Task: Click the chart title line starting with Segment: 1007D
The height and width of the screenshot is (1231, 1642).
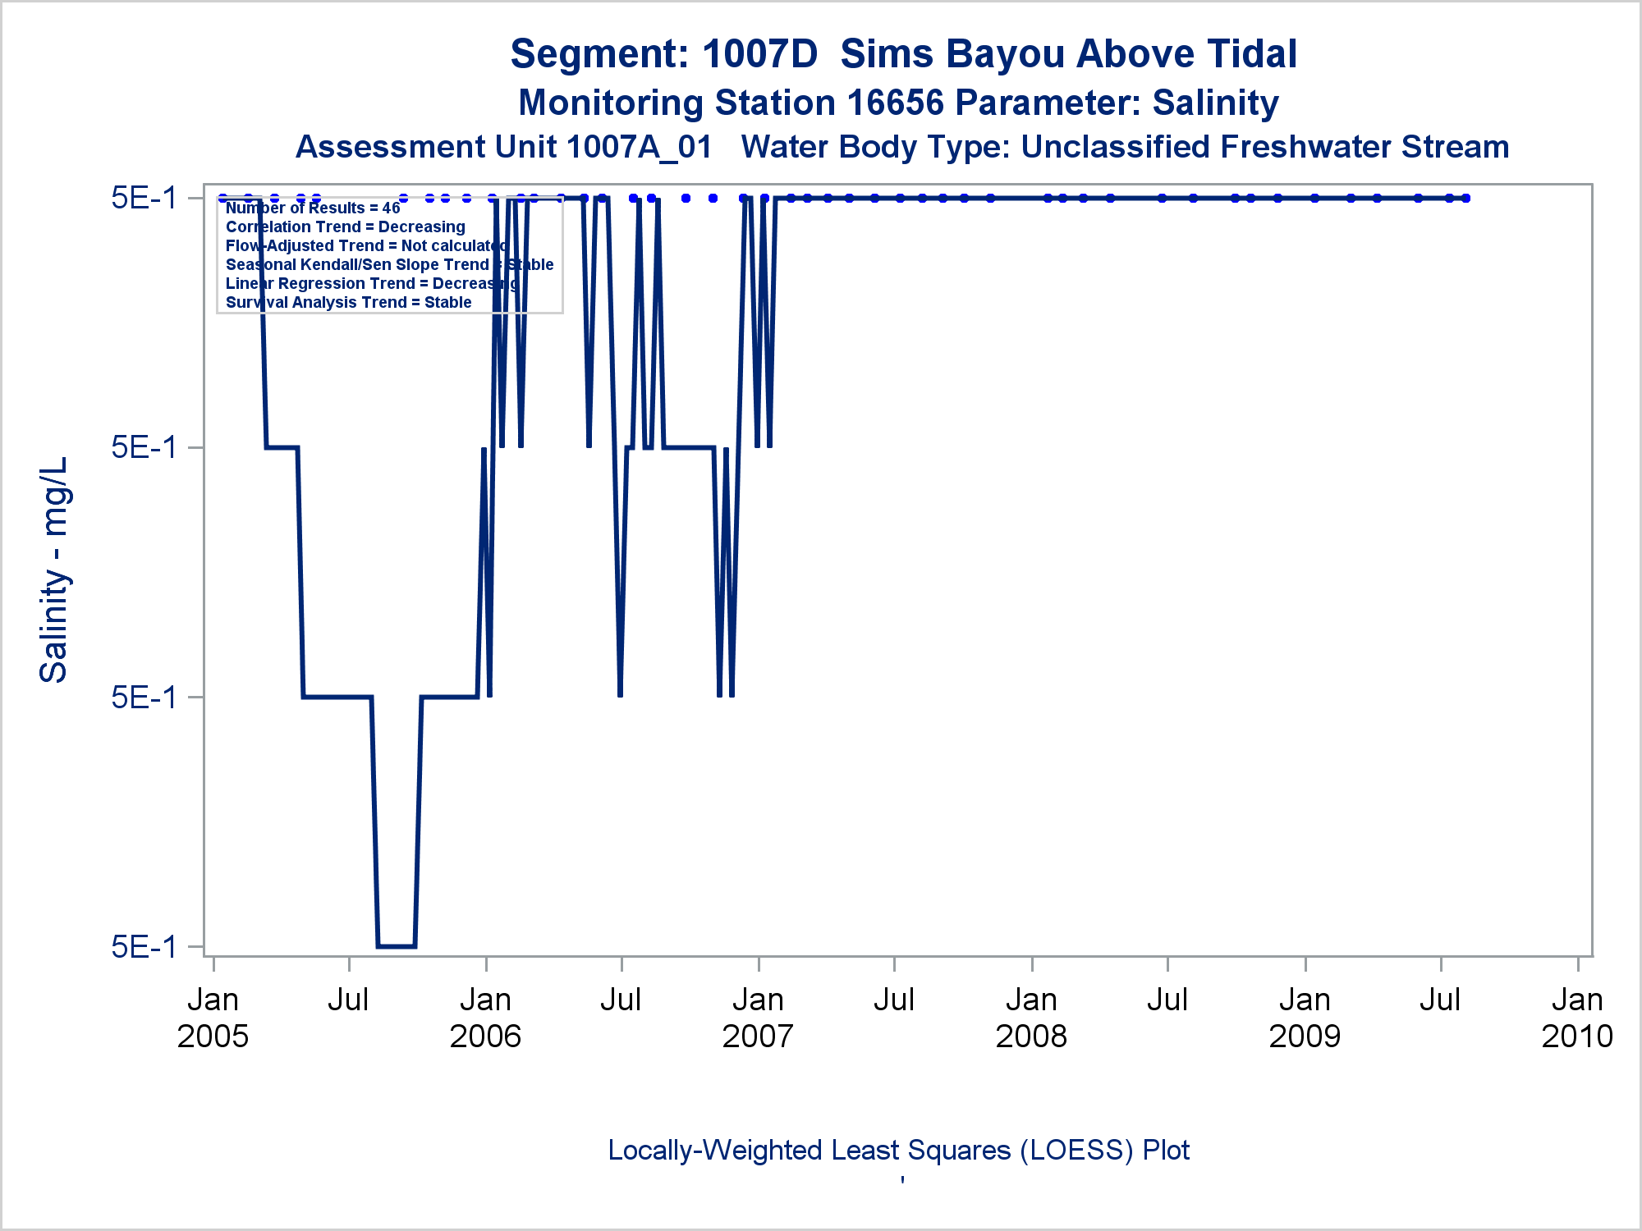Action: point(903,54)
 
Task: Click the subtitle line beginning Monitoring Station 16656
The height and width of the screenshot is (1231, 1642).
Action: point(898,103)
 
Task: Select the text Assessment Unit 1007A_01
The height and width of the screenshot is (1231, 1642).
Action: point(503,147)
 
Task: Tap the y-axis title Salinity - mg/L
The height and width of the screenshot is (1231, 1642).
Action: point(54,570)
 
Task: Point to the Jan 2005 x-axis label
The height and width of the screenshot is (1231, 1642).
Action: point(213,1018)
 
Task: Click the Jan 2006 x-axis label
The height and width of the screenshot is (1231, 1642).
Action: point(485,1018)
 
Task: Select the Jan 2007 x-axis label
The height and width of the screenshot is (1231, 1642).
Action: point(758,1018)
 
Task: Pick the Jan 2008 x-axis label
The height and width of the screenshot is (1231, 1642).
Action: point(1031,1018)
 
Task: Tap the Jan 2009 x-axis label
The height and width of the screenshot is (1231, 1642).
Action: point(1305,1018)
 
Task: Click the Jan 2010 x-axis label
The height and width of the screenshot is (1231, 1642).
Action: point(1577,1018)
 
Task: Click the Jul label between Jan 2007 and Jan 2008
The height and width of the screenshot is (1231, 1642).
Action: point(894,1000)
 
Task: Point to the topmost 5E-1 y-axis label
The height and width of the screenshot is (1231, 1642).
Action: point(144,198)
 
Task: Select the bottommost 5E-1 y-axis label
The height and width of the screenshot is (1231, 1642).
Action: point(144,946)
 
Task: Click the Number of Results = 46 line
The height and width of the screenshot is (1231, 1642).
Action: point(313,208)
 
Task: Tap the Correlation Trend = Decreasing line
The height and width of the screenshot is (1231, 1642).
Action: point(345,227)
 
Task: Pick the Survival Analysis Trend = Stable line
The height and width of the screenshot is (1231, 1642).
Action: point(348,303)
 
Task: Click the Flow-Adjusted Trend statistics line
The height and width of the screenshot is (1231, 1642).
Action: point(366,246)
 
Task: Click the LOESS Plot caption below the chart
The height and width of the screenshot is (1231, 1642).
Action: point(898,1151)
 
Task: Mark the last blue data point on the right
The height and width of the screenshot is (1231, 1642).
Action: point(1465,198)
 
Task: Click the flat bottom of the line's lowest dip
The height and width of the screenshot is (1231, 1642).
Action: point(397,946)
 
